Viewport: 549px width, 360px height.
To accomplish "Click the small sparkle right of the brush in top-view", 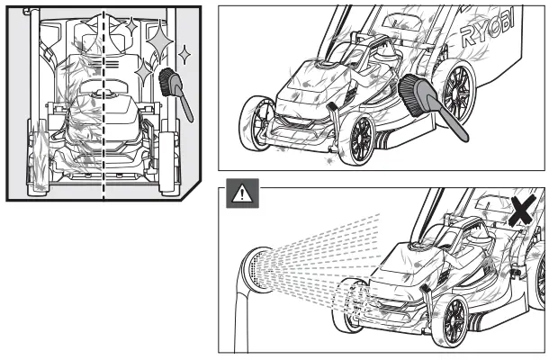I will pos(185,56).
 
